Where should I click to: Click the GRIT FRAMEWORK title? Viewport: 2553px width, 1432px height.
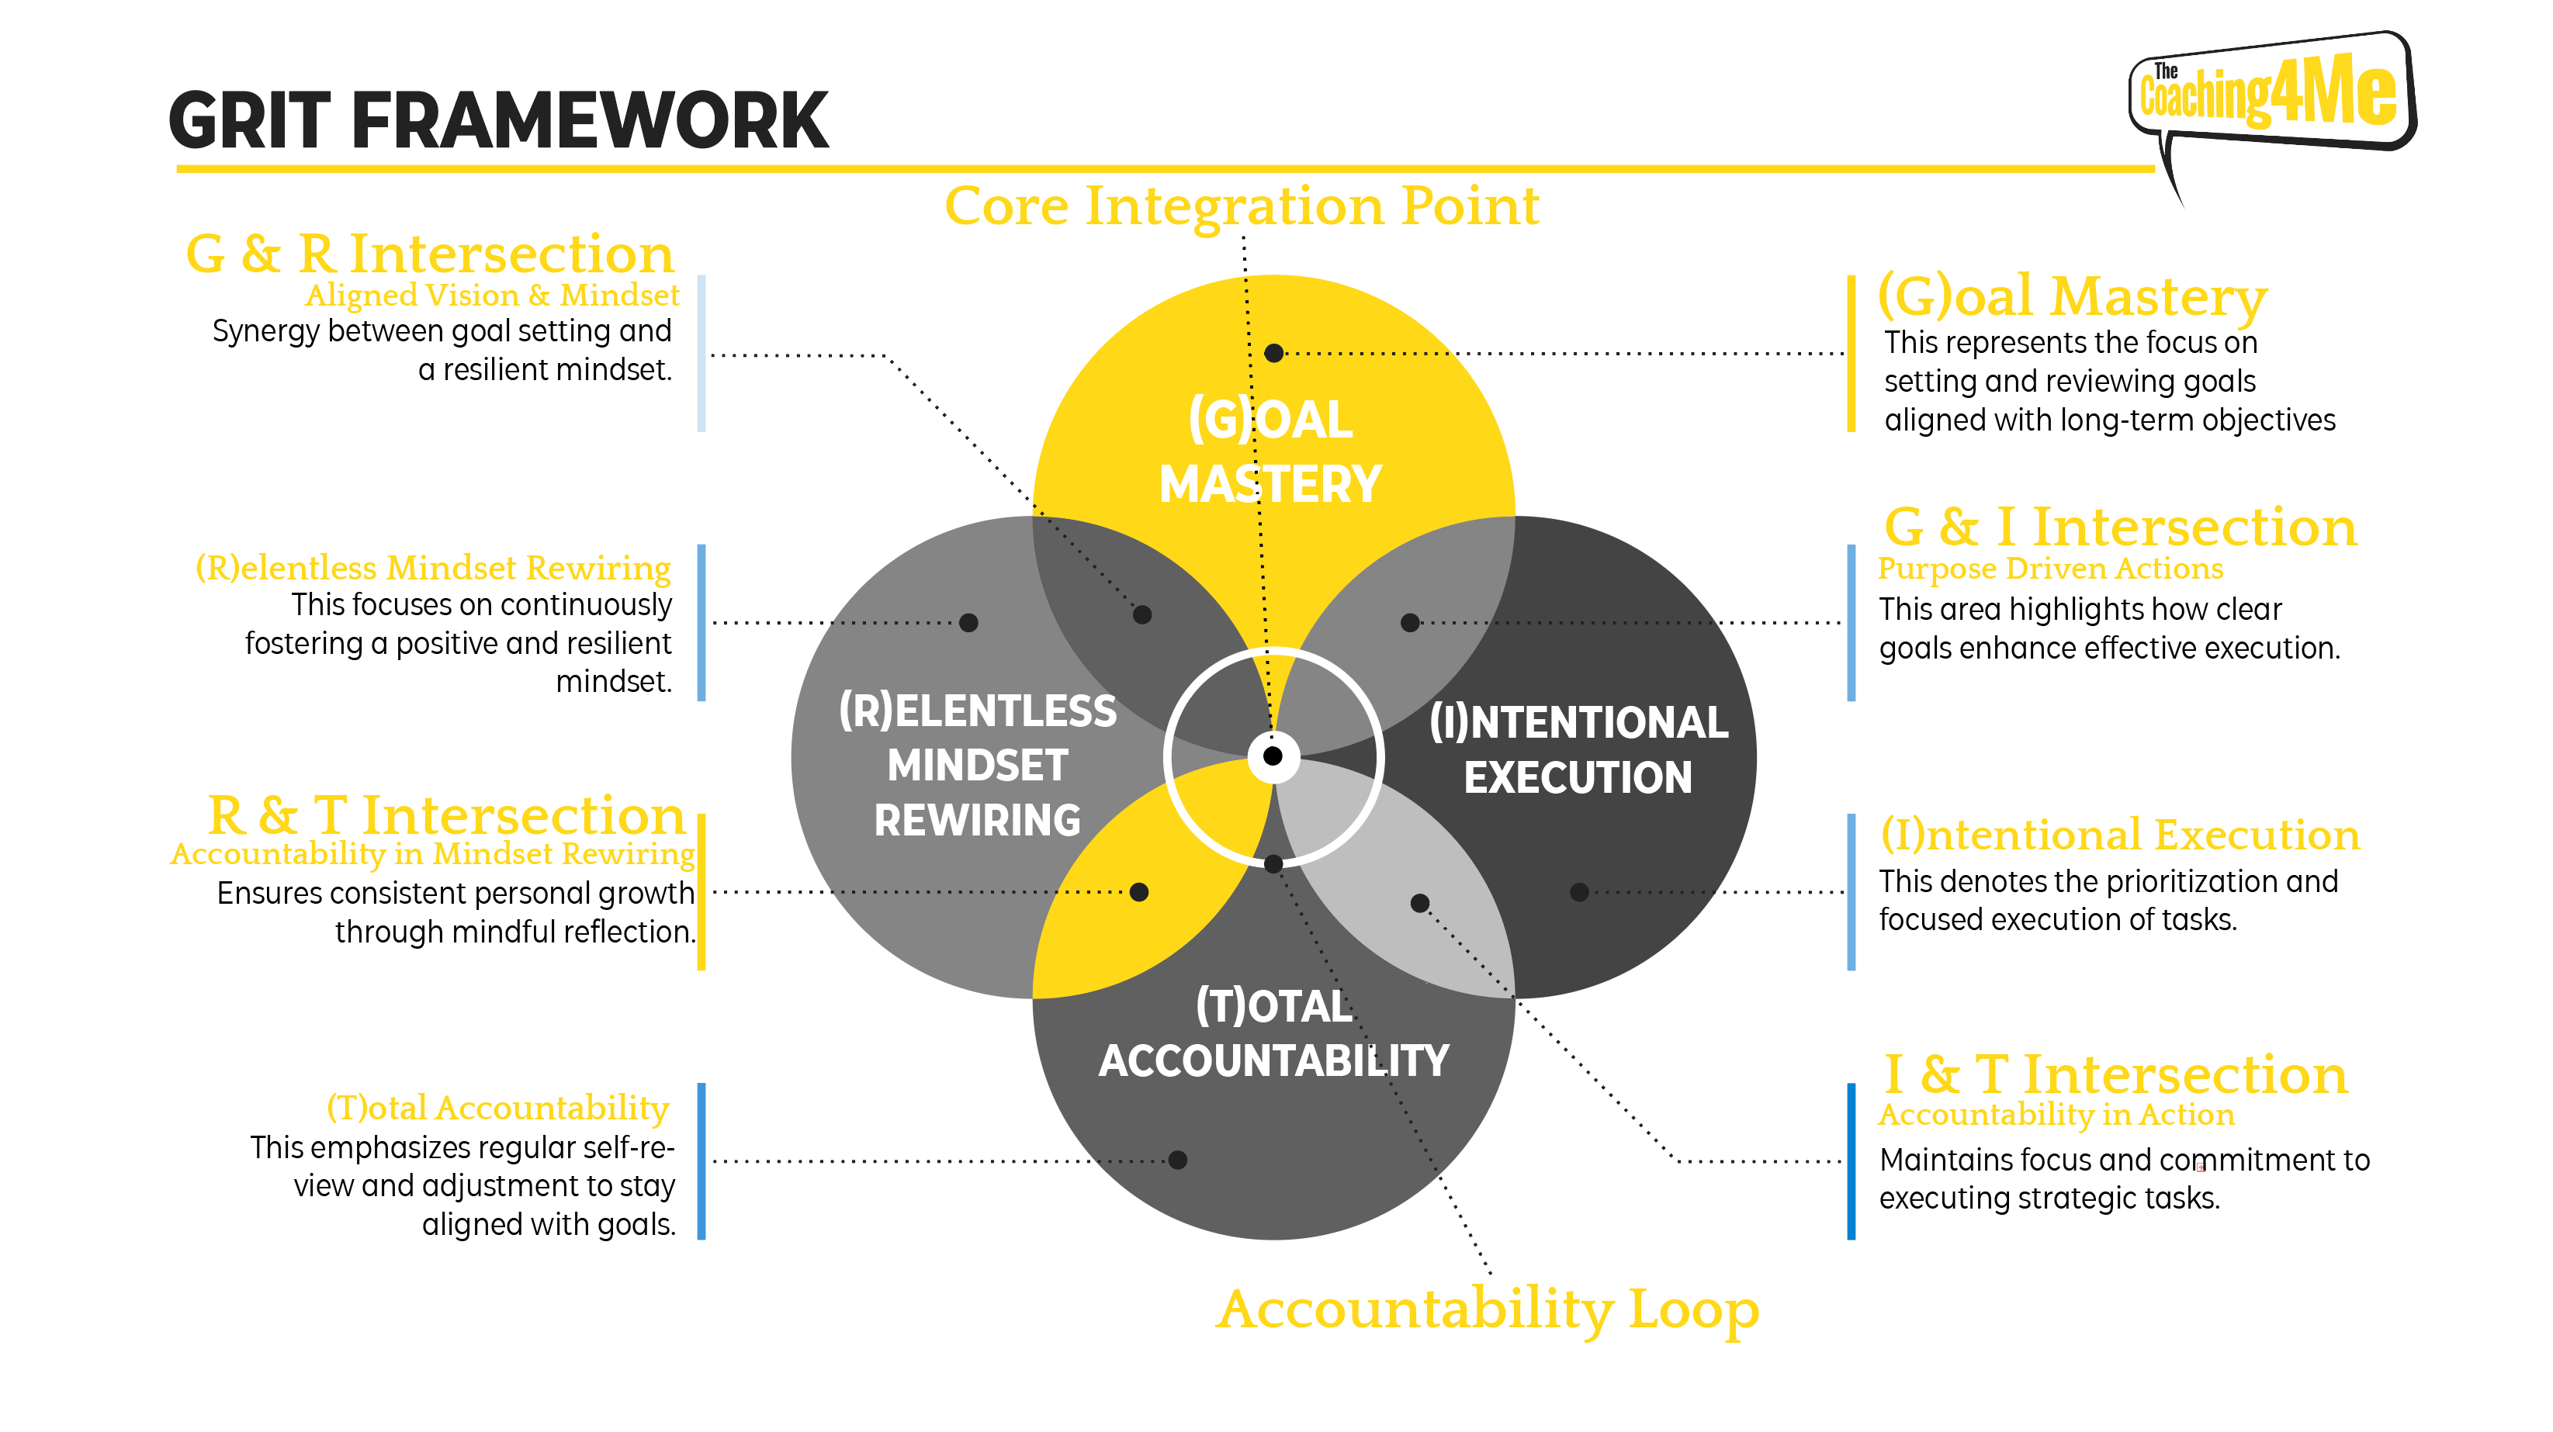(x=498, y=121)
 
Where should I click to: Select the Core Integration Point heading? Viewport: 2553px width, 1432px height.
(x=1242, y=206)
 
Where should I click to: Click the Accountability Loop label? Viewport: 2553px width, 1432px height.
(x=1488, y=1310)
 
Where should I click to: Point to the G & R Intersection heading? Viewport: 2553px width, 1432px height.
(x=430, y=254)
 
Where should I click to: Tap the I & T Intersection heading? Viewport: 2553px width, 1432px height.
(x=2115, y=1074)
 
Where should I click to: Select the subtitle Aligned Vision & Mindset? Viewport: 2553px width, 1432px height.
(x=493, y=296)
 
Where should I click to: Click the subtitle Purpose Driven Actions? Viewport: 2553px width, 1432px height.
(x=2050, y=569)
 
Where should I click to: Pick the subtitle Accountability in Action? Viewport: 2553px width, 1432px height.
(x=2056, y=1115)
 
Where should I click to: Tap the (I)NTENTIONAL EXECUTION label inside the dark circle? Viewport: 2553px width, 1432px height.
(x=1579, y=750)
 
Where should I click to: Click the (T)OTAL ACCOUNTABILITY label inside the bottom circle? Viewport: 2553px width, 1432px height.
(x=1273, y=1033)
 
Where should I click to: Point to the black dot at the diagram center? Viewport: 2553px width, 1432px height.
(x=1273, y=756)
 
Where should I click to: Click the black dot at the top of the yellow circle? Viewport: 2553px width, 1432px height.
(x=1274, y=353)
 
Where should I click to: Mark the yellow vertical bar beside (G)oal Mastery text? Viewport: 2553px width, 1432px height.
(x=1850, y=354)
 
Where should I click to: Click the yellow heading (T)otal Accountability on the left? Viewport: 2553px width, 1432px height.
(x=497, y=1108)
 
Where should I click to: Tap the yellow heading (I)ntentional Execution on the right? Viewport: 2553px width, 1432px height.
(x=2120, y=835)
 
